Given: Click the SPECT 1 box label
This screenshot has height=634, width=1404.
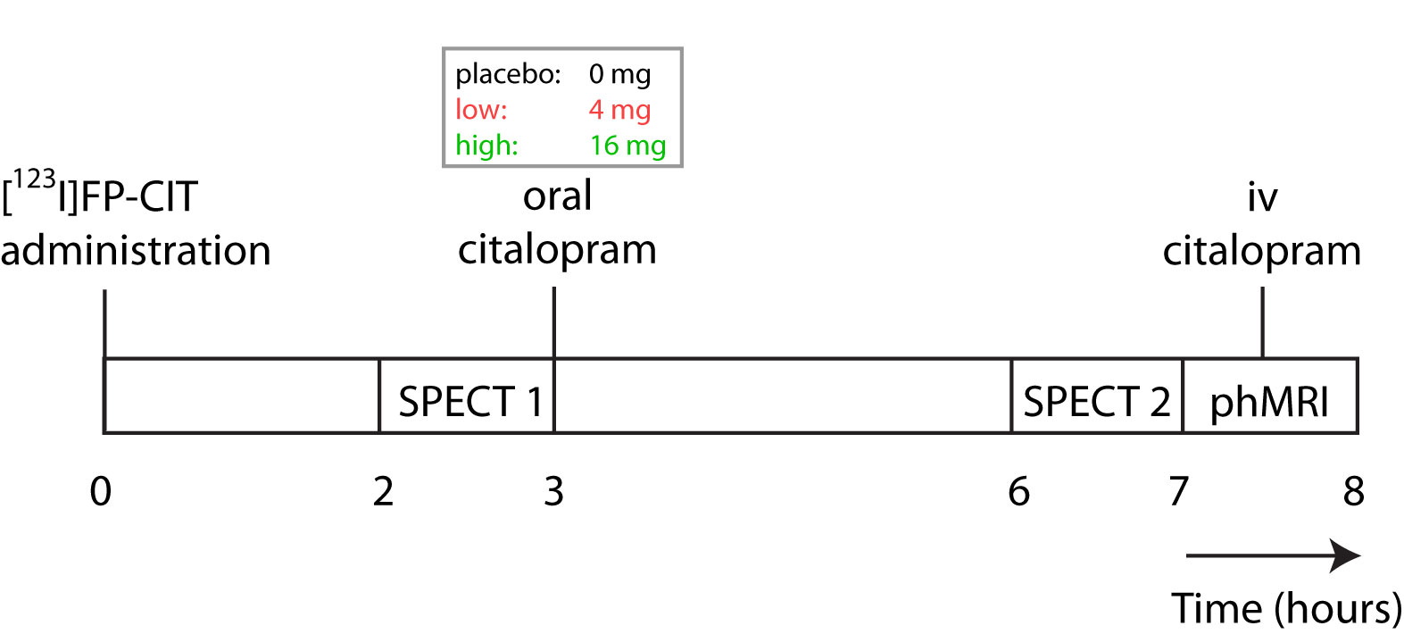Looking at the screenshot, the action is [x=470, y=402].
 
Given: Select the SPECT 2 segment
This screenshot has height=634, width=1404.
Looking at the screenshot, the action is [x=1096, y=402].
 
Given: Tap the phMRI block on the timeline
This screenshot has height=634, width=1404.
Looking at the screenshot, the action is [x=1269, y=402].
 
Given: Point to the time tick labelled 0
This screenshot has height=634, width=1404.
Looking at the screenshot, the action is [x=101, y=491].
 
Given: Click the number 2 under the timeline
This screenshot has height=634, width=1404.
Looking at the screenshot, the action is [x=383, y=491].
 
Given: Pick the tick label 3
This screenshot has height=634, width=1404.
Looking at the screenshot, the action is [x=553, y=491].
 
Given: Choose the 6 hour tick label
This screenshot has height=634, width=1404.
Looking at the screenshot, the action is [x=1018, y=491].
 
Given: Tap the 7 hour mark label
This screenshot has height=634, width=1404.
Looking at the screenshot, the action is [x=1179, y=491].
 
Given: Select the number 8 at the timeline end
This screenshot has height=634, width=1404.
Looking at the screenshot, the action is [x=1354, y=491].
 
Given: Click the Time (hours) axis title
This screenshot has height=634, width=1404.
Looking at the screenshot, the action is [x=1286, y=609].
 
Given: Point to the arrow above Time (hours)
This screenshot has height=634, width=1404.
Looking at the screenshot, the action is [x=1273, y=555].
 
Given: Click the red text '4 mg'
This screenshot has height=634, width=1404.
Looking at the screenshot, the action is [x=619, y=110].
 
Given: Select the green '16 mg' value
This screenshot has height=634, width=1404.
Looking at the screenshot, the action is [x=627, y=145].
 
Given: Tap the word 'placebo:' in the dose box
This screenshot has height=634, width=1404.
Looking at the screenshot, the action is [x=508, y=74].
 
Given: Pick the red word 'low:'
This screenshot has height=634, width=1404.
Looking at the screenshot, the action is [x=481, y=110].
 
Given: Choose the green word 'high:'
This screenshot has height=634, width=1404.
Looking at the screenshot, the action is [x=486, y=145].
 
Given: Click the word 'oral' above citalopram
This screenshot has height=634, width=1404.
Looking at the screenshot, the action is [x=557, y=196].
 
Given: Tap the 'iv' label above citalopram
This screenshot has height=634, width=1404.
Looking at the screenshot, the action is [x=1262, y=197].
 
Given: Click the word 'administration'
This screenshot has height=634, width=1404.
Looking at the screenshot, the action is [x=136, y=251].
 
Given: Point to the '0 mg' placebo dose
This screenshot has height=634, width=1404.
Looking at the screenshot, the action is [x=619, y=74].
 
